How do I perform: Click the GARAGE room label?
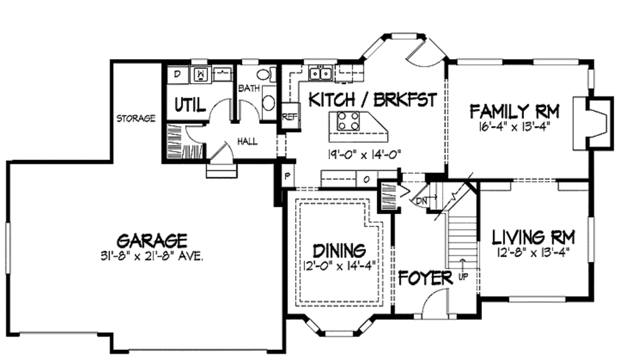click(152, 240)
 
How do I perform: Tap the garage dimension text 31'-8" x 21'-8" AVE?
click(152, 256)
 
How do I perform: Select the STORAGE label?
click(135, 118)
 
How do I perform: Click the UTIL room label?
click(189, 105)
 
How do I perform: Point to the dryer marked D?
click(177, 74)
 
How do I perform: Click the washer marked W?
click(201, 74)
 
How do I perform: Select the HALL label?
click(247, 142)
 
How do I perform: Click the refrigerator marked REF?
click(290, 116)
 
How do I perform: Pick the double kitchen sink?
click(322, 74)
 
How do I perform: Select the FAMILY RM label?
click(515, 112)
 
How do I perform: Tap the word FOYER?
click(425, 278)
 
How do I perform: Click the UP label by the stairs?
click(464, 276)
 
